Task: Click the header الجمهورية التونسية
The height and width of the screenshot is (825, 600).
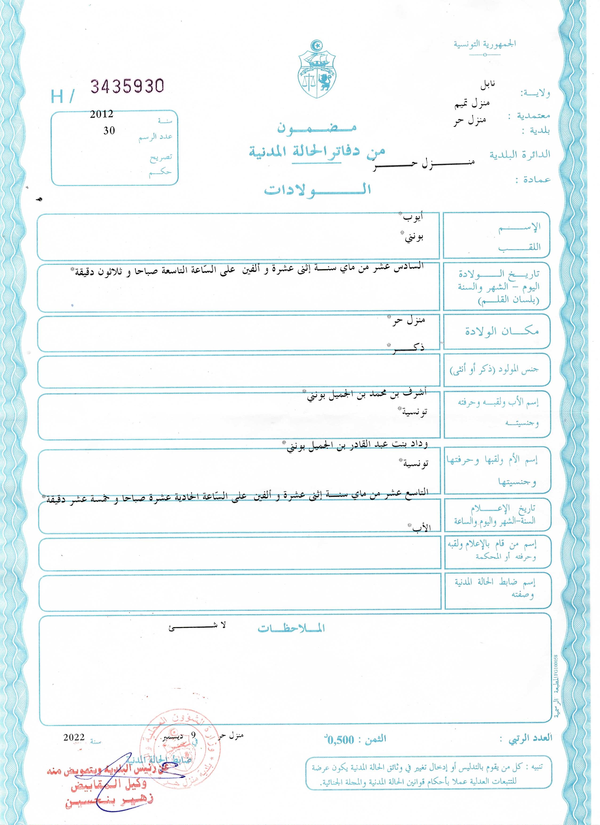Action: [x=485, y=44]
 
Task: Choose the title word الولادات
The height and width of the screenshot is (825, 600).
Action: [x=317, y=190]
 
